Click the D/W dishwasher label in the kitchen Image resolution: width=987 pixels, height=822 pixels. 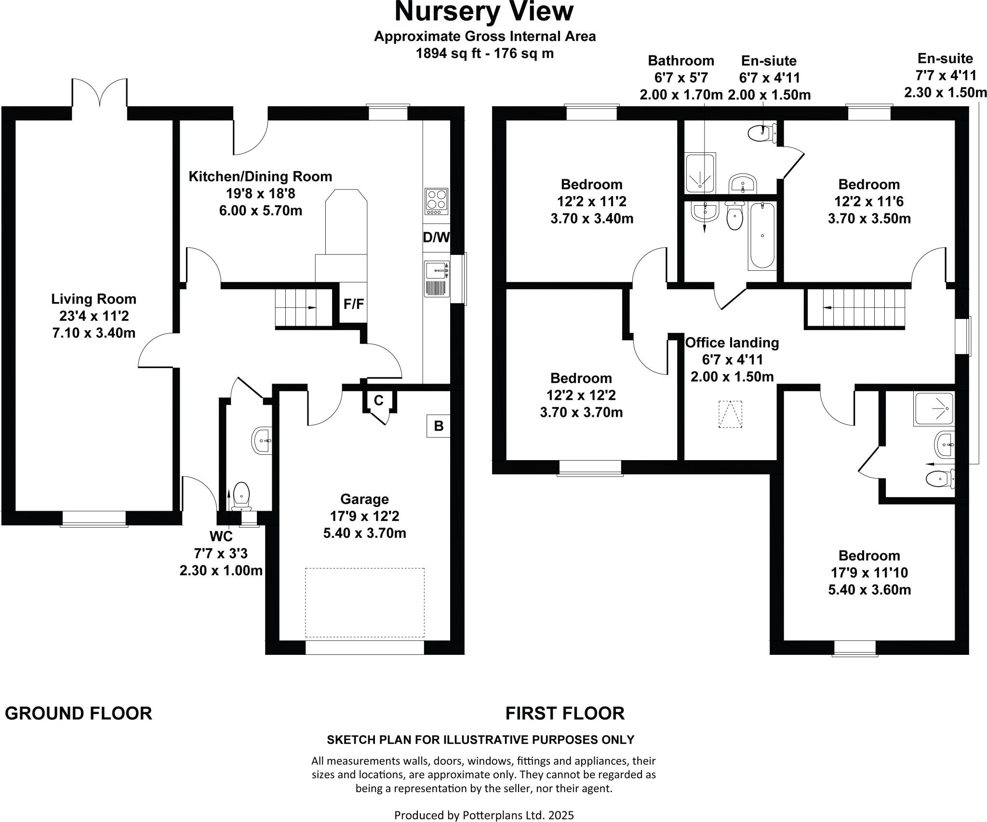tap(436, 238)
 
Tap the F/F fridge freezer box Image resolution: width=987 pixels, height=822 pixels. tap(353, 304)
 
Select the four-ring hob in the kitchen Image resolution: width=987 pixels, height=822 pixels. tap(437, 201)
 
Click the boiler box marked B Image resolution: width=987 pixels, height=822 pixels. tap(439, 426)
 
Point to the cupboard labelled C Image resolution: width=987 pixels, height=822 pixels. tap(379, 400)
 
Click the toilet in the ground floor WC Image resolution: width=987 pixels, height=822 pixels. tap(241, 497)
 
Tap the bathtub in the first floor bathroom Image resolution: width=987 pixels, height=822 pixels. tap(762, 236)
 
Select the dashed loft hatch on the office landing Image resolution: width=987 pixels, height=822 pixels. tap(731, 414)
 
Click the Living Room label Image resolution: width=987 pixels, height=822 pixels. tap(94, 299)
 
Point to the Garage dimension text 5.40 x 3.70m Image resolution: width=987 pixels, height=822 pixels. tap(364, 533)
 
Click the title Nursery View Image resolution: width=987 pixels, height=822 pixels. tap(484, 12)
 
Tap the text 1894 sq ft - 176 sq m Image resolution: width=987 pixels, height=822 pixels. tap(485, 53)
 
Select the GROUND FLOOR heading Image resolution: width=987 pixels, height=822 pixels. tap(79, 713)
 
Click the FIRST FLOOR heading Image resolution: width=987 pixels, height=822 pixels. tap(565, 713)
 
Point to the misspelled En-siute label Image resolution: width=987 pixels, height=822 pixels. tap(769, 61)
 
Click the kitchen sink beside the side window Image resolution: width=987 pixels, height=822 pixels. tap(437, 272)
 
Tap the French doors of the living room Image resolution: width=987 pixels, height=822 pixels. tap(100, 94)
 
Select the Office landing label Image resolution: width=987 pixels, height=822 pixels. tap(732, 343)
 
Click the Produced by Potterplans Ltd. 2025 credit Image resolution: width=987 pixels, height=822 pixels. tap(484, 815)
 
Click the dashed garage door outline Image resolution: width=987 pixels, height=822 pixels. tap(364, 603)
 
